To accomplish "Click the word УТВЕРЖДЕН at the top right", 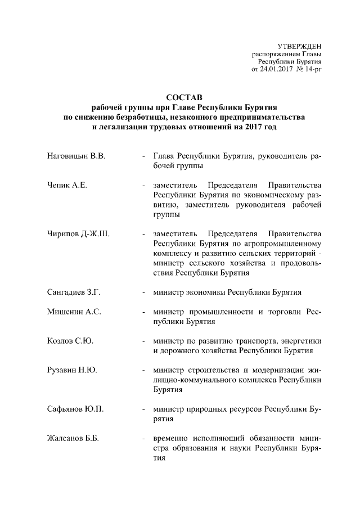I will pyautogui.click(x=300, y=46).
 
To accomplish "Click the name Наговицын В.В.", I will pyautogui.click(x=76, y=155).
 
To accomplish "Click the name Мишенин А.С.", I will pyautogui.click(x=74, y=312).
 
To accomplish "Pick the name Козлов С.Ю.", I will pyautogui.click(x=69, y=341).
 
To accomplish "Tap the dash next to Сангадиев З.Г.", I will pyautogui.click(x=145, y=292).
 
